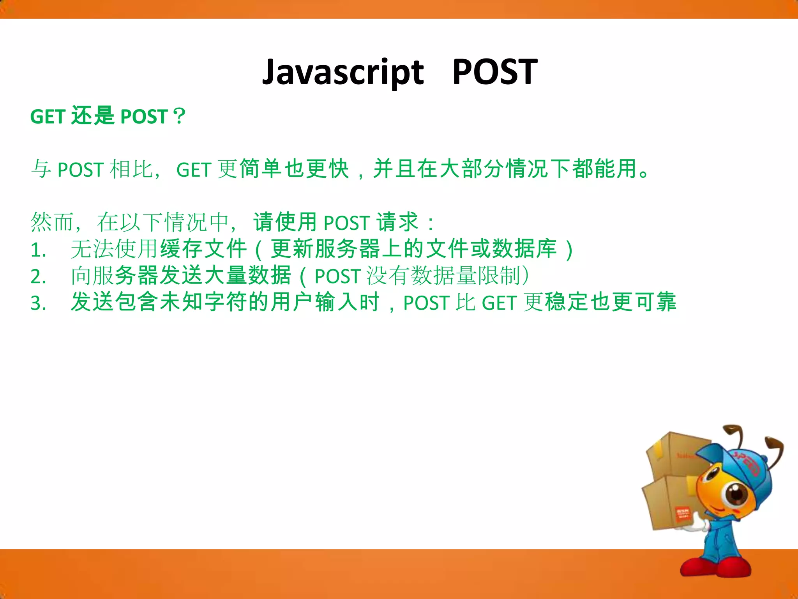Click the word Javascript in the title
pos(343,72)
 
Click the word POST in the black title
pos(495,72)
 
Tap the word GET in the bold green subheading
pos(48,117)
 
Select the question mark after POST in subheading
pos(179,116)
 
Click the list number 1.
pos(38,250)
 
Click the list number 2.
pos(38,276)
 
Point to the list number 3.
pos(38,303)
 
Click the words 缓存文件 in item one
pos(203,249)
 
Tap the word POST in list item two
pos(337,276)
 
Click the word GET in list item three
pos(499,303)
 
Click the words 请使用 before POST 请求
pos(285,222)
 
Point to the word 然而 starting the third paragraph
pos(52,222)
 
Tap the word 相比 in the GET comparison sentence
pos(131,169)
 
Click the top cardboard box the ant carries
pos(674,454)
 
